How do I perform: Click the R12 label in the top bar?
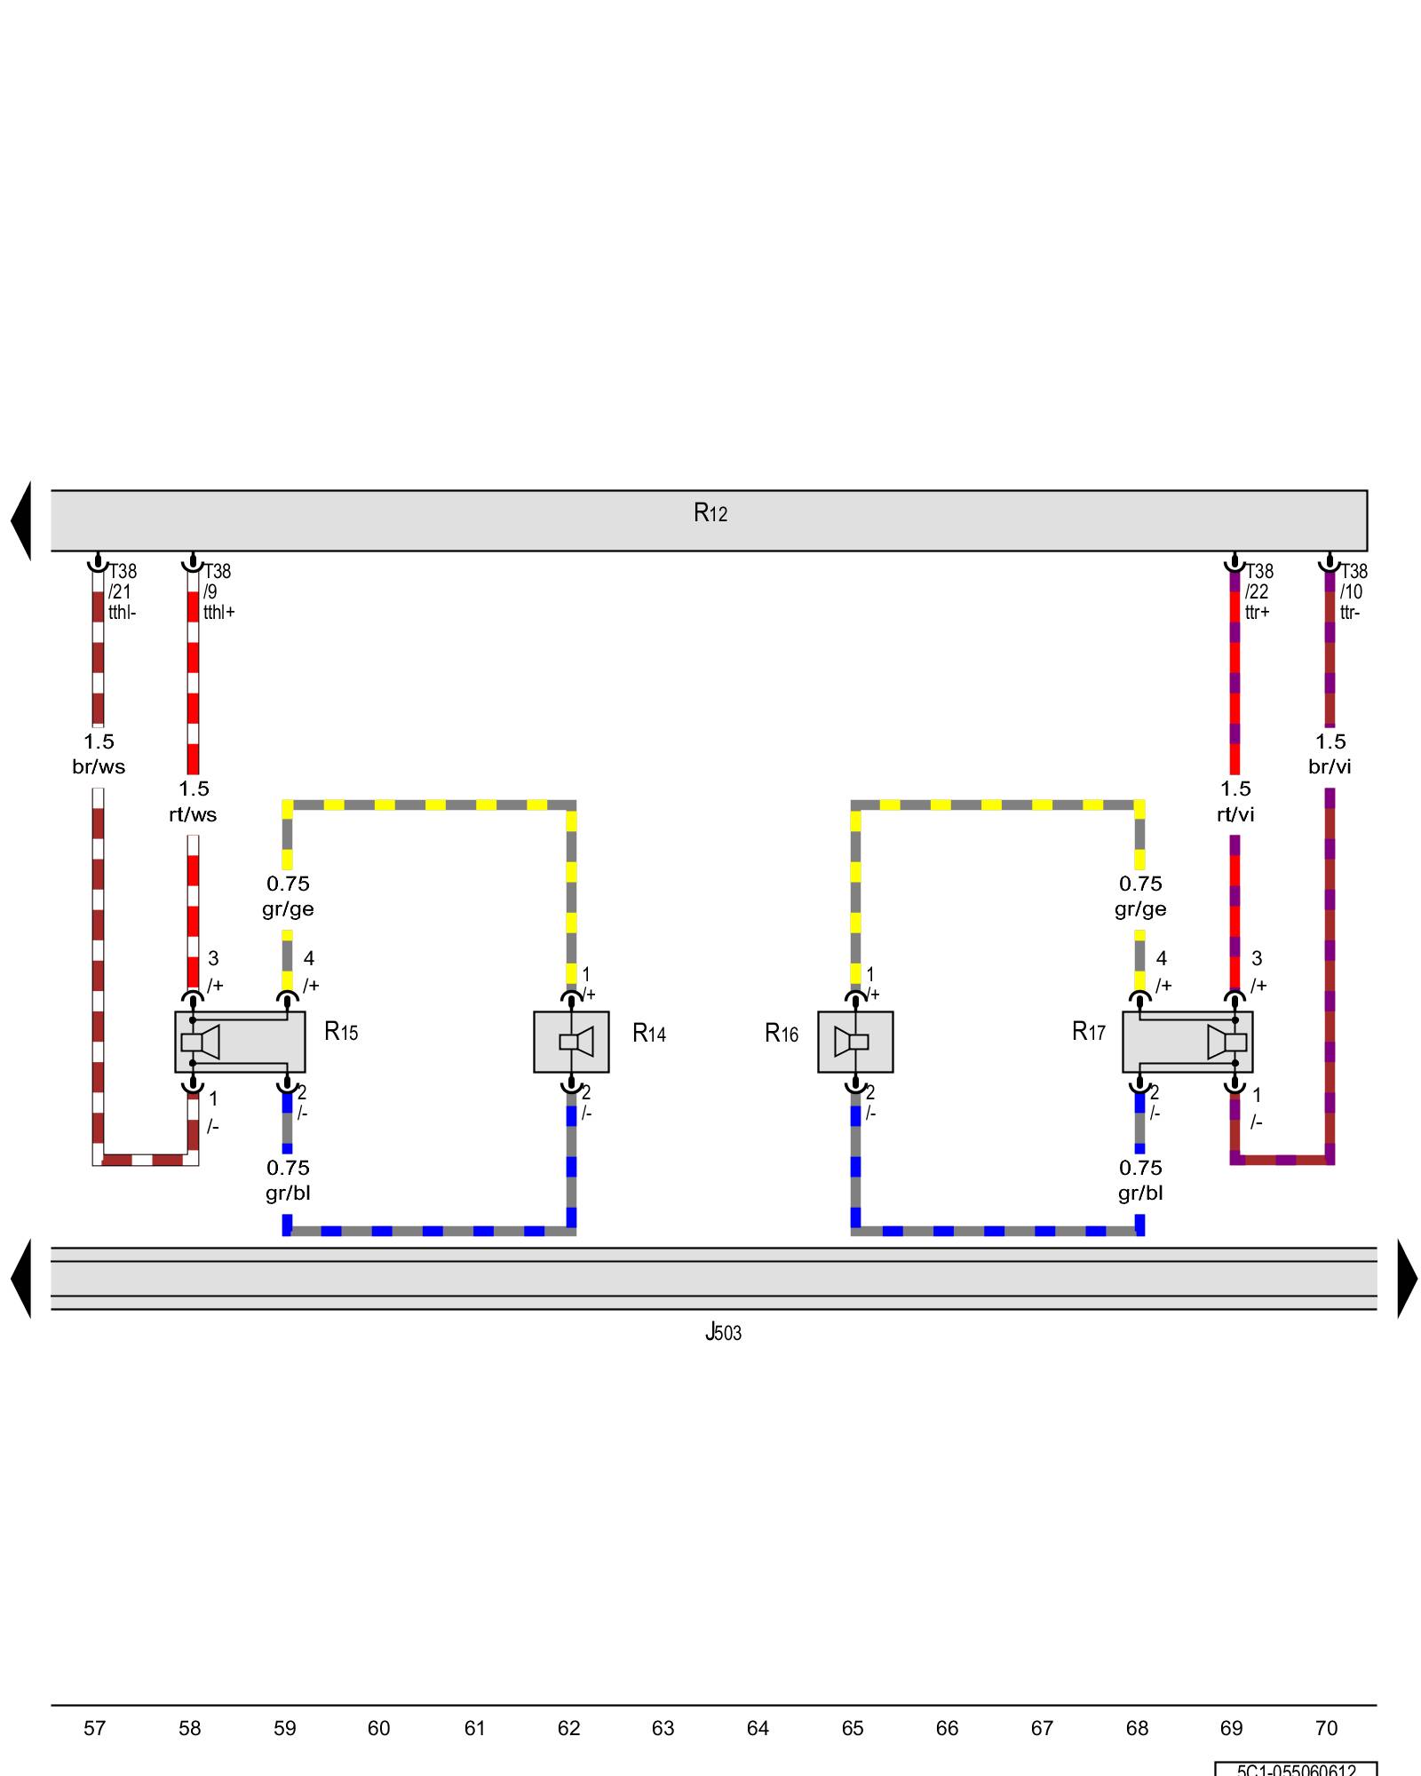[x=710, y=513]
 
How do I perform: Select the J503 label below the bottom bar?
[x=723, y=1332]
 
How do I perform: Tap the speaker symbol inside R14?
[x=571, y=1042]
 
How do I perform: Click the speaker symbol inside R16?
[x=854, y=1042]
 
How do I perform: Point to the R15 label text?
[x=341, y=1032]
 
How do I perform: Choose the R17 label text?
[x=1089, y=1032]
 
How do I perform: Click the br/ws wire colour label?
[x=99, y=767]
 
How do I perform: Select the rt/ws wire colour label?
[x=193, y=814]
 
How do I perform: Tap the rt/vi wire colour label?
[x=1235, y=814]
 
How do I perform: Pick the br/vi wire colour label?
[x=1330, y=767]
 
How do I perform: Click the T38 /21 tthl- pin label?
[x=123, y=591]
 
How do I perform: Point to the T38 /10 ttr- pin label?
[x=1354, y=591]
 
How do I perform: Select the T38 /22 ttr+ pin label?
[x=1258, y=591]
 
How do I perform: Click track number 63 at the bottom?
[x=663, y=1728]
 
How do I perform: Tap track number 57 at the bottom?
[x=95, y=1728]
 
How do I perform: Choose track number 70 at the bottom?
[x=1326, y=1728]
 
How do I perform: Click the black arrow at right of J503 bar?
[x=1407, y=1279]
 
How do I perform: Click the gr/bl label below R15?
[x=288, y=1193]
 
